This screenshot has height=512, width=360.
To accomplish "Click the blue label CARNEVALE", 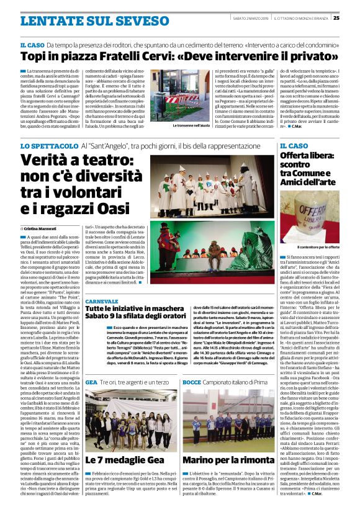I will [102, 300].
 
